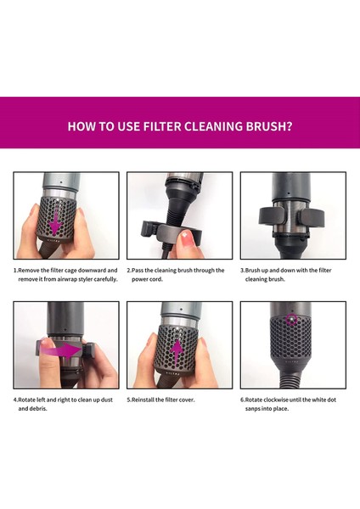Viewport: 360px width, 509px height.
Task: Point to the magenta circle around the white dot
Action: pyautogui.click(x=291, y=320)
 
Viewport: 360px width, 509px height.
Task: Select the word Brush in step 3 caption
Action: pyautogui.click(x=252, y=270)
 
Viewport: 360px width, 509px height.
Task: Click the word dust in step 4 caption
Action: pyautogui.click(x=107, y=400)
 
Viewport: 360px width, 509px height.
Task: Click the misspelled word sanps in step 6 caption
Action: pyautogui.click(x=252, y=409)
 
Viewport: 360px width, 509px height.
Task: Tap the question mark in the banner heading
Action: pyautogui.click(x=290, y=126)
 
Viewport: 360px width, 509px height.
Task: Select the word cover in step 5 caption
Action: pyautogui.click(x=187, y=400)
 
